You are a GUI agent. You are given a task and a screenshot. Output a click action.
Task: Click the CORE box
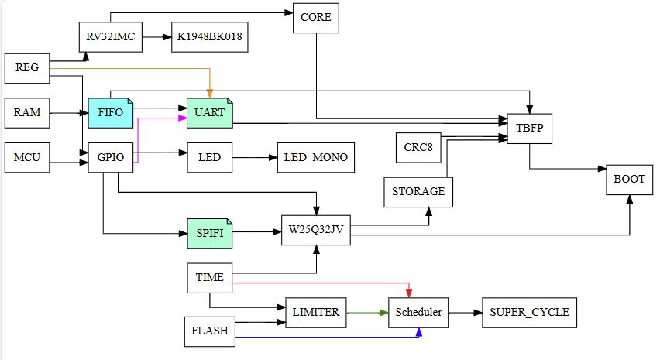[x=315, y=19]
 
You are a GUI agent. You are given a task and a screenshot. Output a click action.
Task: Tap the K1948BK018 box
[x=209, y=37]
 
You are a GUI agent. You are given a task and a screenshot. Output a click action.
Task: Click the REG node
[x=27, y=68]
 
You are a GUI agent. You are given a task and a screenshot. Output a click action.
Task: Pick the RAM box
[x=27, y=113]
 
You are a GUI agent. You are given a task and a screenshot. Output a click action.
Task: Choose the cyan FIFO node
[x=111, y=113]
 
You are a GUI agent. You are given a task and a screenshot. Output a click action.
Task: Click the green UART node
[x=209, y=113]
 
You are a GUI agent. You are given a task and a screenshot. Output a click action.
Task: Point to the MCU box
[x=27, y=158]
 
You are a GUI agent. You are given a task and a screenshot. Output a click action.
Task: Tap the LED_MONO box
[x=315, y=158]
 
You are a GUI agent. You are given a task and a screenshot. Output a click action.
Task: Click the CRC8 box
[x=418, y=147]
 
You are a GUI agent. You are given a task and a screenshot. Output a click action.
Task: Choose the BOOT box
[x=629, y=178]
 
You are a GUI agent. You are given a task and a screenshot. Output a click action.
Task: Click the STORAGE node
[x=418, y=191]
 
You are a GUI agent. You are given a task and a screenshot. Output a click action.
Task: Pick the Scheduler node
[x=418, y=313]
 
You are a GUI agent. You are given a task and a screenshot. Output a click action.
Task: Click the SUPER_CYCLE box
[x=529, y=313]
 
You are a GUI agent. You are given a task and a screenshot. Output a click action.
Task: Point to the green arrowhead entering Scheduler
[x=383, y=313]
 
